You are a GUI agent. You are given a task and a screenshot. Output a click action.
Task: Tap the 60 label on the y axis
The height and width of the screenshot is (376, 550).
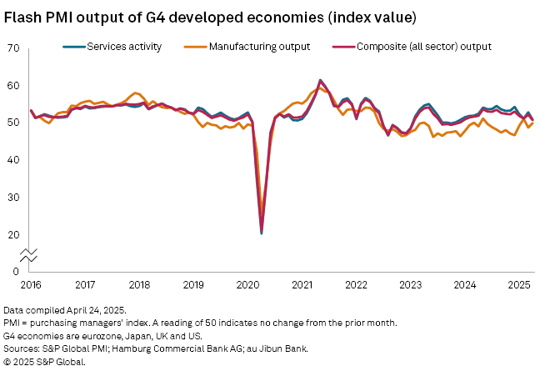[12, 85]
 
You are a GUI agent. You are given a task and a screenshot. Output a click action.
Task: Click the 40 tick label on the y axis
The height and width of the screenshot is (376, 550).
[12, 159]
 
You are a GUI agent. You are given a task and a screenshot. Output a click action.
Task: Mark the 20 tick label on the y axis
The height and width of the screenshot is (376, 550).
[12, 233]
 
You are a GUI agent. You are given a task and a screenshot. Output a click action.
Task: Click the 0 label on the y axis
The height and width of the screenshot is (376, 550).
[15, 271]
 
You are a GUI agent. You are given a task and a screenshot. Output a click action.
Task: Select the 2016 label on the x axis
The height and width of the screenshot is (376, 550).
[31, 285]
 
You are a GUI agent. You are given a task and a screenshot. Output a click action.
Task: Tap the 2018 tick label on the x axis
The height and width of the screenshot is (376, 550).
[139, 285]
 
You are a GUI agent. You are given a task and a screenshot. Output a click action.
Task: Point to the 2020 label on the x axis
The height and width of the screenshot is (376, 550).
[247, 285]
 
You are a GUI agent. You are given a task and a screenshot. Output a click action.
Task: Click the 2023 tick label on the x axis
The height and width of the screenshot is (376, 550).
[410, 285]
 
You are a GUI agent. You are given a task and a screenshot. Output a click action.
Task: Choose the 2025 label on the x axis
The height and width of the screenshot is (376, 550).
[518, 285]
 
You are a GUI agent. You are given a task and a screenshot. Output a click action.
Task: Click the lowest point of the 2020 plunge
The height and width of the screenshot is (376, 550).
[262, 233]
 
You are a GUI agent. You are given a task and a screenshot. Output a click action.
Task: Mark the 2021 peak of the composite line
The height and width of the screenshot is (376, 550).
[321, 80]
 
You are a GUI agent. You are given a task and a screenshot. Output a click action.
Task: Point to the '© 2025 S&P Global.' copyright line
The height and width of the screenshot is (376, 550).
[44, 363]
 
